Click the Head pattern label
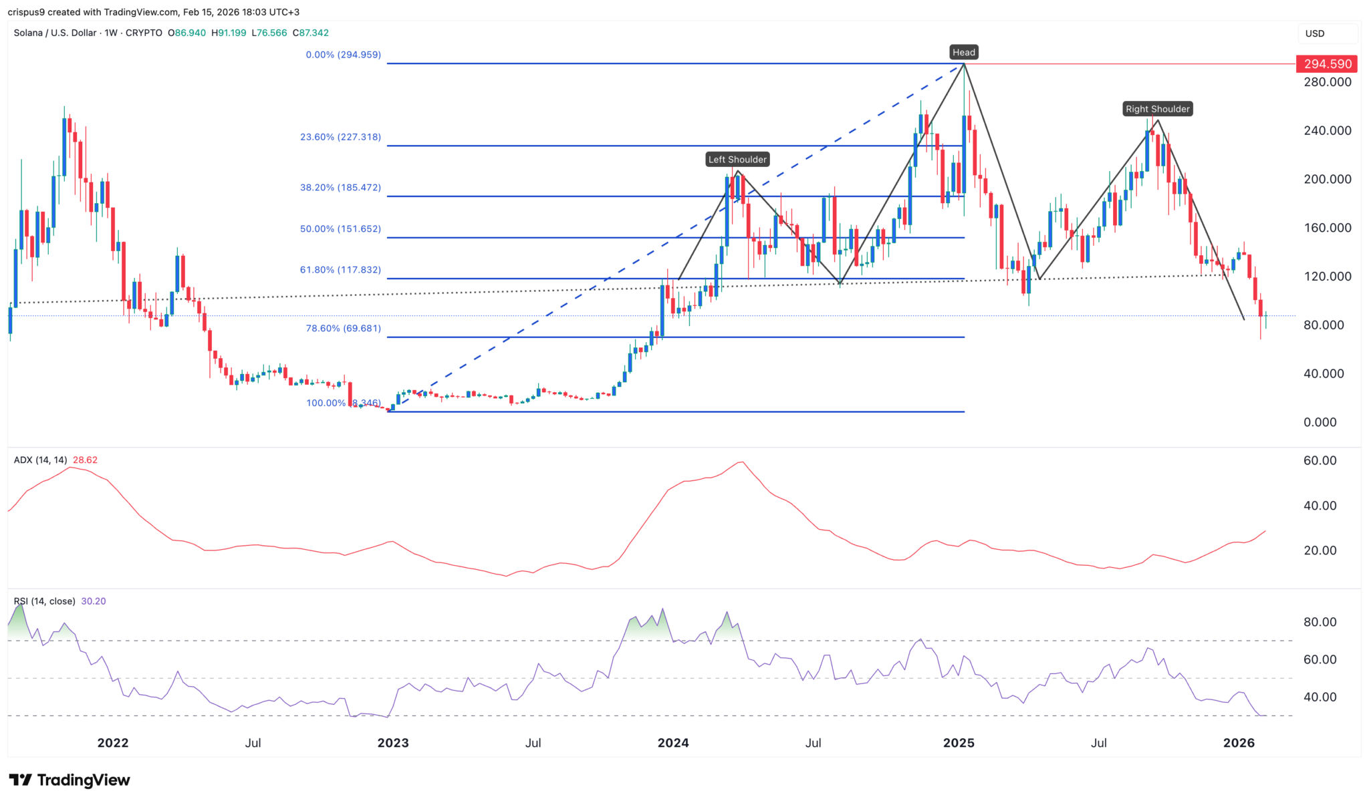(963, 52)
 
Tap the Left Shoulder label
(737, 159)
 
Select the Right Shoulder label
(1157, 109)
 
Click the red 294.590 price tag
(1327, 64)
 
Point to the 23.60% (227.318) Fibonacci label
(340, 137)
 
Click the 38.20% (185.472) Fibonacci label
(340, 188)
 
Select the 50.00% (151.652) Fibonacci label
(340, 228)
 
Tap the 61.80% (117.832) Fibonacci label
(340, 270)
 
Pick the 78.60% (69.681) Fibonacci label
(343, 328)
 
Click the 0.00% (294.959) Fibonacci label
(343, 55)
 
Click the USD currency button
(1315, 33)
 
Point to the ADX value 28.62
(85, 460)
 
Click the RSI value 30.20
(94, 601)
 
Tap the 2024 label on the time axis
(673, 743)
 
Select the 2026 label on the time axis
(1239, 743)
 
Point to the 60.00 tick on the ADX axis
(1320, 460)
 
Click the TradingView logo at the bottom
(70, 780)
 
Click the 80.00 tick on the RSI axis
(1320, 622)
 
